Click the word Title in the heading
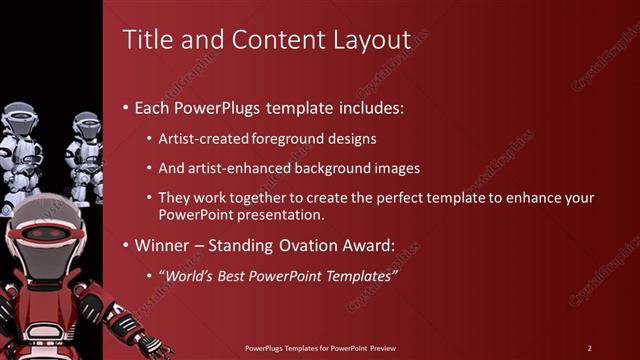[x=144, y=39]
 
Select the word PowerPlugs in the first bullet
[x=214, y=106]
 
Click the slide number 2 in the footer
[x=590, y=347]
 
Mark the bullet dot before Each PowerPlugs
[x=125, y=107]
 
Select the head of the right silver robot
[x=86, y=125]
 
